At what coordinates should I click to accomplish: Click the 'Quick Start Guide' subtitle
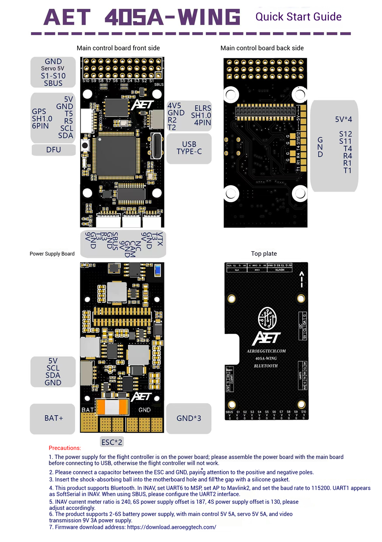298,17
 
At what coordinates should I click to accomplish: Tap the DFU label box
53,150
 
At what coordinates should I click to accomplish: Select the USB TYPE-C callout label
189,148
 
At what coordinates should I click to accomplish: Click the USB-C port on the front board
157,146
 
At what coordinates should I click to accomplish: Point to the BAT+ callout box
53,418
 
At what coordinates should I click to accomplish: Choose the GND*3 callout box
189,418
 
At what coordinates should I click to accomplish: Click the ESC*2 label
112,442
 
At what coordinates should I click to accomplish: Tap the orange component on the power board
112,407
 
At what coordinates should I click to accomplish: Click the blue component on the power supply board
157,271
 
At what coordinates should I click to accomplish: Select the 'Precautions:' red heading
65,448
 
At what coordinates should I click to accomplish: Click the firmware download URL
172,527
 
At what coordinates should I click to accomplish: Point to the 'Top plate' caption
264,254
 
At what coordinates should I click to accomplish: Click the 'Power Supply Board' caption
52,254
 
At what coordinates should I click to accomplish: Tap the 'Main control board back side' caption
262,48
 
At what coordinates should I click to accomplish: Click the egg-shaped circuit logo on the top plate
267,318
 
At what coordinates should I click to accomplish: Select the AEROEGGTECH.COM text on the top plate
266,351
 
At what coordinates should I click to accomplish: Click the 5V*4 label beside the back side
343,119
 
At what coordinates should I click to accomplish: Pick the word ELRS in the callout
202,108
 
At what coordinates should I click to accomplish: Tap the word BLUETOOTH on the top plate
266,366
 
